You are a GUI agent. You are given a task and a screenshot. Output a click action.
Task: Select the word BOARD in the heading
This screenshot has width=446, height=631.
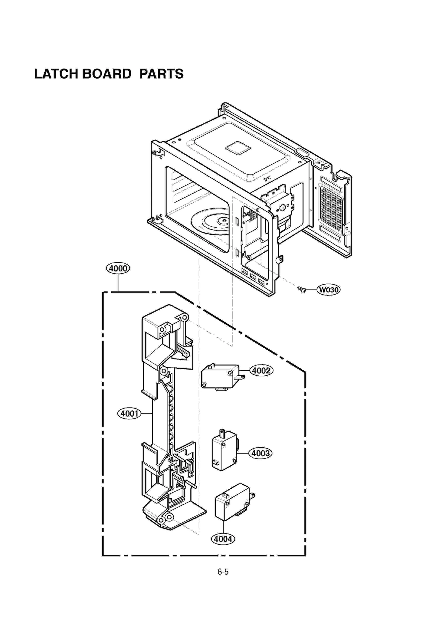(x=107, y=74)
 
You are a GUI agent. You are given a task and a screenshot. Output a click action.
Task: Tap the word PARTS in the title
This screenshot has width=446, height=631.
(x=161, y=74)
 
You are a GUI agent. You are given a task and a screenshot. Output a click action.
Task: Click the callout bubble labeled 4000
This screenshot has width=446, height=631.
(x=118, y=268)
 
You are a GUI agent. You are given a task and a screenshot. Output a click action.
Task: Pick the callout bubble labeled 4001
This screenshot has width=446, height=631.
(x=129, y=413)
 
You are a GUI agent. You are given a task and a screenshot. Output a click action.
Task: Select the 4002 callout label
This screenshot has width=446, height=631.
(x=261, y=370)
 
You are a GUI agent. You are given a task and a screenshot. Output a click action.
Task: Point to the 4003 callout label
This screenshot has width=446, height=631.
(x=260, y=453)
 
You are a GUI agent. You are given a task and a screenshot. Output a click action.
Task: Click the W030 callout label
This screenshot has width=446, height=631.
(x=329, y=290)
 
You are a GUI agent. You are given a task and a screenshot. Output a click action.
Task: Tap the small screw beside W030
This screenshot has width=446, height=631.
(x=302, y=290)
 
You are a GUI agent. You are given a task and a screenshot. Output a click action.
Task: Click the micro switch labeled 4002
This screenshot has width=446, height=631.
(x=220, y=376)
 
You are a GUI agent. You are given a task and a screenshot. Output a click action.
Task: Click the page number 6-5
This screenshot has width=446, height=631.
(x=223, y=572)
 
